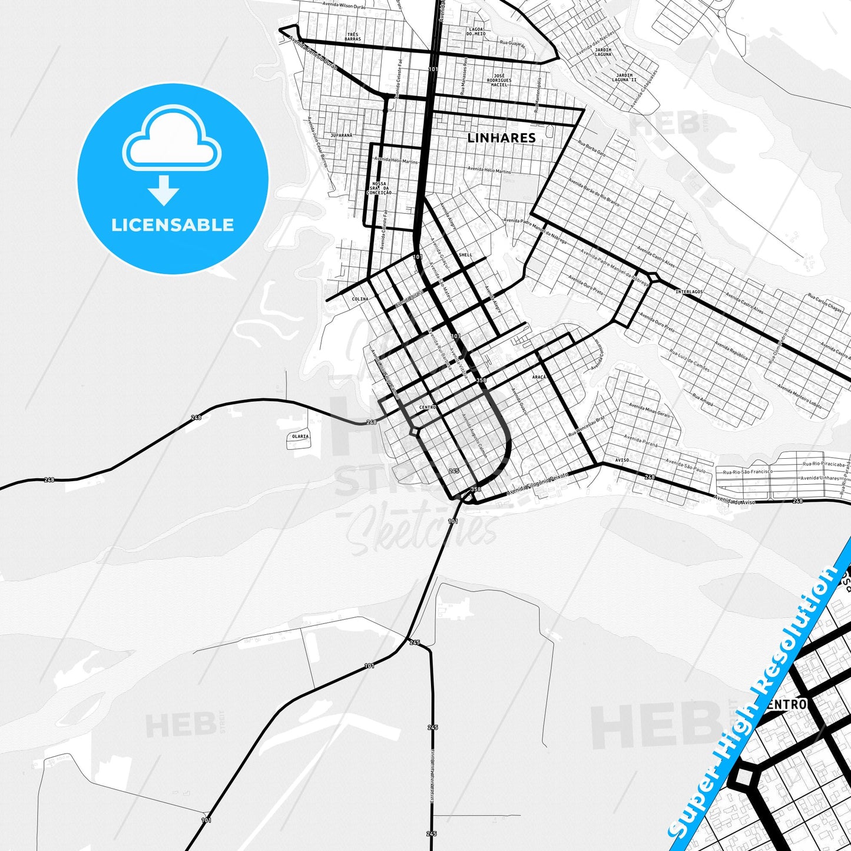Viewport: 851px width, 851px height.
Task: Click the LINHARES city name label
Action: pyautogui.click(x=501, y=138)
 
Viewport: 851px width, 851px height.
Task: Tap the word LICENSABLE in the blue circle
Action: pyautogui.click(x=173, y=225)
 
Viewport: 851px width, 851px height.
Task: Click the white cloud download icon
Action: pyautogui.click(x=171, y=144)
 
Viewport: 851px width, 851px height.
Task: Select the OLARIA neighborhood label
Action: pyautogui.click(x=300, y=436)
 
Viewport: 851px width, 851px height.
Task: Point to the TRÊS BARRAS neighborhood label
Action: pyautogui.click(x=353, y=37)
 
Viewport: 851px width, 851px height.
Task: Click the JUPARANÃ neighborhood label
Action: pyautogui.click(x=342, y=135)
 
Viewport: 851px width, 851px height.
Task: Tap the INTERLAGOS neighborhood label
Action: pyautogui.click(x=689, y=292)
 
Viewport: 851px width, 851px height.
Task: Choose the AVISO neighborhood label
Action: pyautogui.click(x=622, y=460)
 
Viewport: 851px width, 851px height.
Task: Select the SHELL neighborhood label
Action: pyautogui.click(x=465, y=255)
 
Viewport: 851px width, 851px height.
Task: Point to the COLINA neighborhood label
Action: pyautogui.click(x=360, y=299)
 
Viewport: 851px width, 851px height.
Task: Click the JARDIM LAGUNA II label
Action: pyautogui.click(x=626, y=77)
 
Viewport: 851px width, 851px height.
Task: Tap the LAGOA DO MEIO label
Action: pyautogui.click(x=476, y=31)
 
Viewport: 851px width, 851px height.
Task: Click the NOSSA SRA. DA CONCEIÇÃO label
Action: pyautogui.click(x=379, y=188)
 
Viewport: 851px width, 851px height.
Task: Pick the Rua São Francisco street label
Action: pyautogui.click(x=744, y=472)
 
